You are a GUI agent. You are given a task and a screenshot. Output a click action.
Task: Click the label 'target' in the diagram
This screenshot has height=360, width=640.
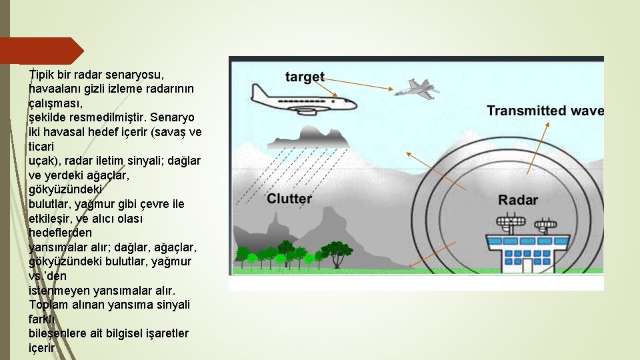pyautogui.click(x=305, y=77)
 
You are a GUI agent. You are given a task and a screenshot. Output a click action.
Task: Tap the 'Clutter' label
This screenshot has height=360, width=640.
pyautogui.click(x=289, y=199)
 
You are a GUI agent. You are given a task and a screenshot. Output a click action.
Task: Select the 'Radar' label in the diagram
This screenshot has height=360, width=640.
pyautogui.click(x=518, y=200)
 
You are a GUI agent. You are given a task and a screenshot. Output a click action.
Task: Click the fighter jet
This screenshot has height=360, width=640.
pyautogui.click(x=416, y=88)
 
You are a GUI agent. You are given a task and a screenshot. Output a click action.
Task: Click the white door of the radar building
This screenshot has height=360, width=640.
pyautogui.click(x=528, y=265)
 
